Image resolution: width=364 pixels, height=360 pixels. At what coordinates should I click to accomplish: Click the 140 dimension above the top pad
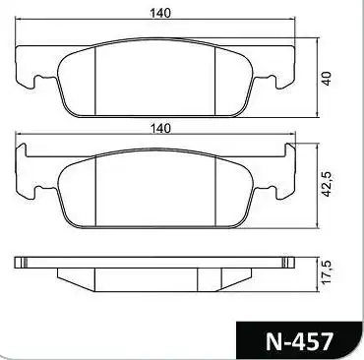tap(160, 13)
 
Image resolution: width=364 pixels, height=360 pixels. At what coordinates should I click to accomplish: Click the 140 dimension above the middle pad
tap(160, 128)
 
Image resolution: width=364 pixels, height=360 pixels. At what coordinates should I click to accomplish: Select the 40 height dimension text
tap(327, 79)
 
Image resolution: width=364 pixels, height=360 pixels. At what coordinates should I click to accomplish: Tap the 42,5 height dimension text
tap(328, 184)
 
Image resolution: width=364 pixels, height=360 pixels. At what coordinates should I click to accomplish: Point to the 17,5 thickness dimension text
tap(328, 272)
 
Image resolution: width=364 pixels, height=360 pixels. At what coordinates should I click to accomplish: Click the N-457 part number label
tap(299, 342)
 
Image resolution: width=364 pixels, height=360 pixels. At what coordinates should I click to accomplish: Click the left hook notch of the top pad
tap(38, 81)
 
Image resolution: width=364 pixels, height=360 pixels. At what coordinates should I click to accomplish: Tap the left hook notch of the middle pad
tap(38, 192)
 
